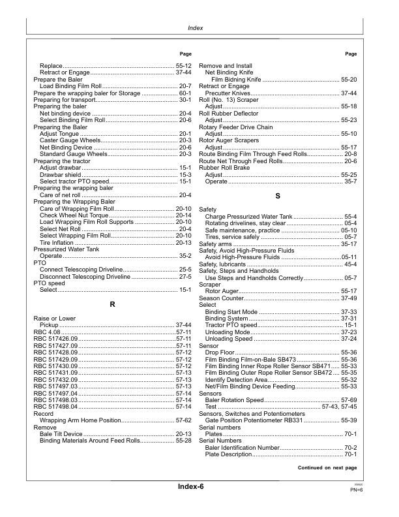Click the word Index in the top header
pos(199,29)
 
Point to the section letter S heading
pos(278,195)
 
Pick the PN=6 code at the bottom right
pos(356,490)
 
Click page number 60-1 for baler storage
pos(185,94)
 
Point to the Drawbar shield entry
pos(61,174)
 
